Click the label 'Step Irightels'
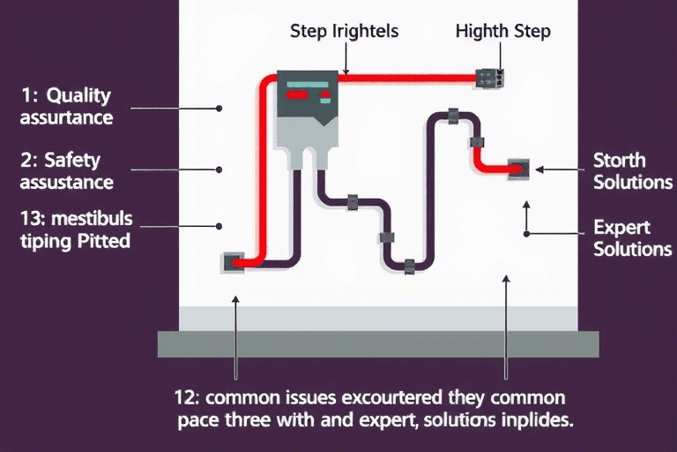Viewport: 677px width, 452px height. click(x=344, y=31)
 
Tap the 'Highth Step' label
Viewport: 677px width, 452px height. click(x=502, y=31)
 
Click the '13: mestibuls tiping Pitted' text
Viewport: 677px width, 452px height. click(x=74, y=228)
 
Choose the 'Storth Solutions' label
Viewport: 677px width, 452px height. click(x=631, y=171)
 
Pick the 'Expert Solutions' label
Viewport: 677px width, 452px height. click(x=632, y=237)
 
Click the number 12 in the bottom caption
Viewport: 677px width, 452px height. click(x=190, y=397)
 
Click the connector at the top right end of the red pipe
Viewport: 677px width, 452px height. click(x=488, y=77)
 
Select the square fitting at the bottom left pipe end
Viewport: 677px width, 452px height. click(x=234, y=261)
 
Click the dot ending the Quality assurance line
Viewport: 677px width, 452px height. click(x=219, y=109)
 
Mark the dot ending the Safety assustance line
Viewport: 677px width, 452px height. click(x=219, y=169)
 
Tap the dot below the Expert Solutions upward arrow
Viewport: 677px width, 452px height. click(x=526, y=234)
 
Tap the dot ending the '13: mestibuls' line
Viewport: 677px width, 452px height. click(x=219, y=226)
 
